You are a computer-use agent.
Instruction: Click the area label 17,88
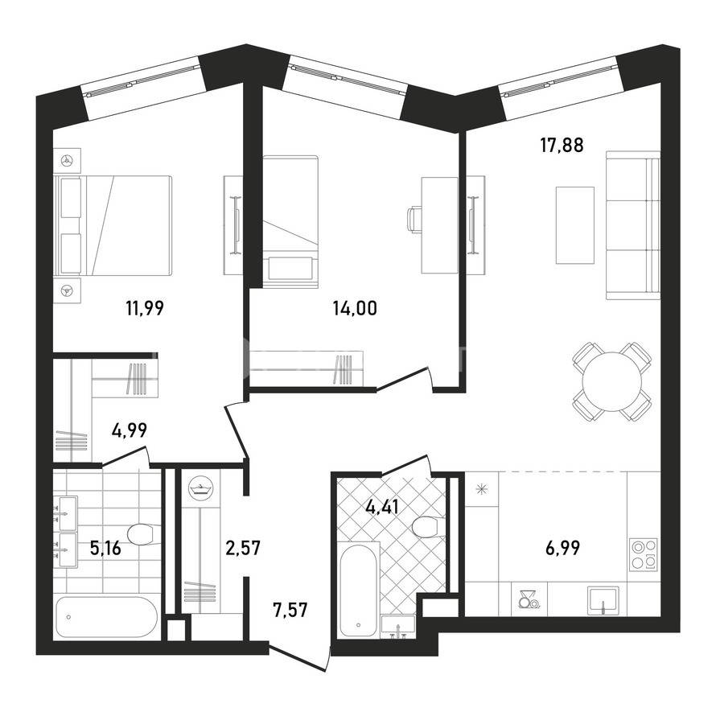pyautogui.click(x=562, y=146)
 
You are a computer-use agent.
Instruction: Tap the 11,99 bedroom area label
pyautogui.click(x=145, y=308)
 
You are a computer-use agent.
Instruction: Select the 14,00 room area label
pyautogui.click(x=355, y=308)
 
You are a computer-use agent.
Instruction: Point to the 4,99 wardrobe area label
pyautogui.click(x=130, y=430)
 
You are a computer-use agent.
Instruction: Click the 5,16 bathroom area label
pyautogui.click(x=105, y=548)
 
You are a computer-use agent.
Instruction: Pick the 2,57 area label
pyautogui.click(x=243, y=548)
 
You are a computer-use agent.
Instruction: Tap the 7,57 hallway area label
pyautogui.click(x=290, y=610)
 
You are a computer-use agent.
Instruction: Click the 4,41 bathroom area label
pyautogui.click(x=383, y=506)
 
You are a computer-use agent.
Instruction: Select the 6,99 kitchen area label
pyautogui.click(x=562, y=548)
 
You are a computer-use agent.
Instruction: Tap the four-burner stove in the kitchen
pyautogui.click(x=644, y=554)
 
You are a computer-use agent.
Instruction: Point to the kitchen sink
pyautogui.click(x=603, y=599)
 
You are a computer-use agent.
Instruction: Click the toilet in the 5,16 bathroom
pyautogui.click(x=143, y=534)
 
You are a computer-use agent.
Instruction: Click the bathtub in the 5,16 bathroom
pyautogui.click(x=106, y=617)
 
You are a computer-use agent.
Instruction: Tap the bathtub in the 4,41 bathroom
pyautogui.click(x=359, y=589)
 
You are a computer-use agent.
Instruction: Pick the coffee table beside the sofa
pyautogui.click(x=575, y=225)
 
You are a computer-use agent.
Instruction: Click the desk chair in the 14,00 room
pyautogui.click(x=414, y=220)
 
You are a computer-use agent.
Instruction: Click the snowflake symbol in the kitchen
pyautogui.click(x=481, y=490)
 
